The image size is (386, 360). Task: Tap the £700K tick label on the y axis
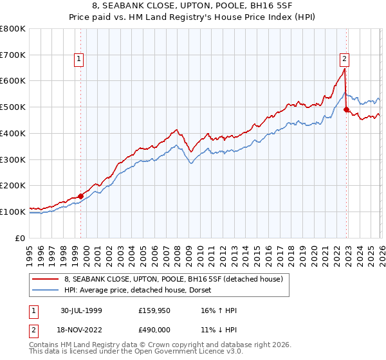[x=13, y=55]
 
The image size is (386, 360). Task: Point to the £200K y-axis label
[x=13, y=185]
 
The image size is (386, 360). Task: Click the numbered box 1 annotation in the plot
[x=79, y=59]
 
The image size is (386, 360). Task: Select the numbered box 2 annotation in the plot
[x=344, y=59]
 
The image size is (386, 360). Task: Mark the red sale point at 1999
[x=81, y=196]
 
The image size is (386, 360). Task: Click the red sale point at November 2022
[x=346, y=110]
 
